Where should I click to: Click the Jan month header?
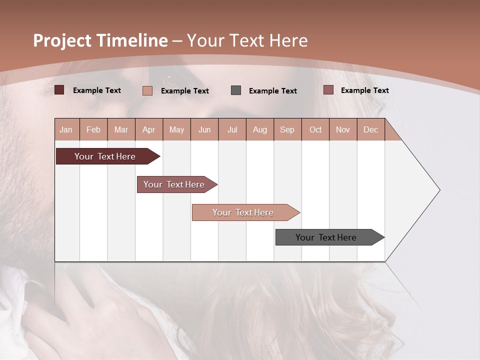coord(66,129)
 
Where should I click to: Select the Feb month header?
coord(93,129)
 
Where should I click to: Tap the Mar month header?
coord(121,129)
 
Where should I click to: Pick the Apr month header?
coord(149,129)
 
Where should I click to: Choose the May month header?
coord(176,129)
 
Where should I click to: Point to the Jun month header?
coord(204,129)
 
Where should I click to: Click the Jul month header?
coord(232,129)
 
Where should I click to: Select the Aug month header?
coord(260,129)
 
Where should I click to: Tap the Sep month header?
coord(287,129)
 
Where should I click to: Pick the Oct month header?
coord(315,129)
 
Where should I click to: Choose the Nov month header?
coord(343,129)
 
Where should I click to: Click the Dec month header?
coord(371,129)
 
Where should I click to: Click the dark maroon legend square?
coord(59,90)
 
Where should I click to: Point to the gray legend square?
coord(236,90)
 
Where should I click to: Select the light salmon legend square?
coord(147,90)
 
